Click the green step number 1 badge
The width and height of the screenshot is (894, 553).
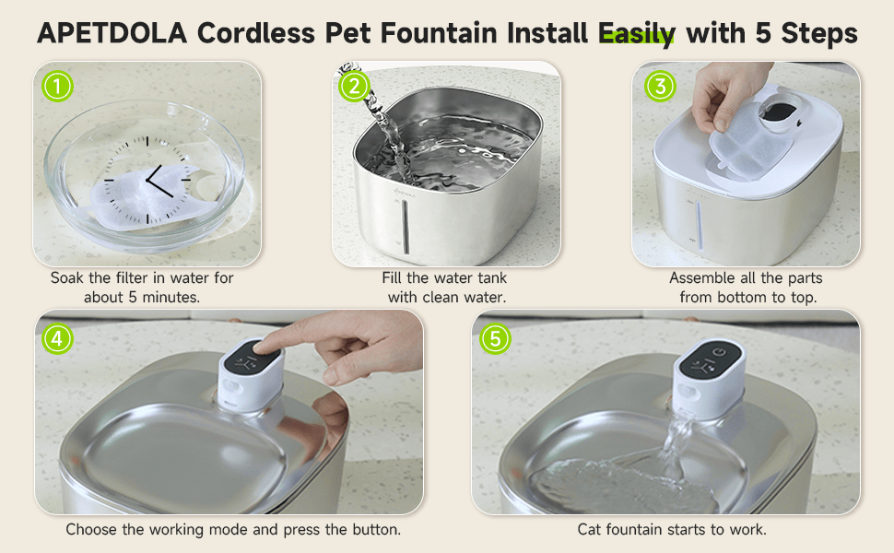click(58, 87)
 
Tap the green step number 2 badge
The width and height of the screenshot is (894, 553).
click(354, 87)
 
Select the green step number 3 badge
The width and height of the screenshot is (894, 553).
click(660, 87)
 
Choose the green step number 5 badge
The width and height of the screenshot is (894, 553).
click(495, 338)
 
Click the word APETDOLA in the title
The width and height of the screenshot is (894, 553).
click(112, 34)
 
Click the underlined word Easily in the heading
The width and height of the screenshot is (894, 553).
click(637, 34)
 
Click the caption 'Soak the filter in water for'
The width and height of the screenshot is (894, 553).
click(142, 278)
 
